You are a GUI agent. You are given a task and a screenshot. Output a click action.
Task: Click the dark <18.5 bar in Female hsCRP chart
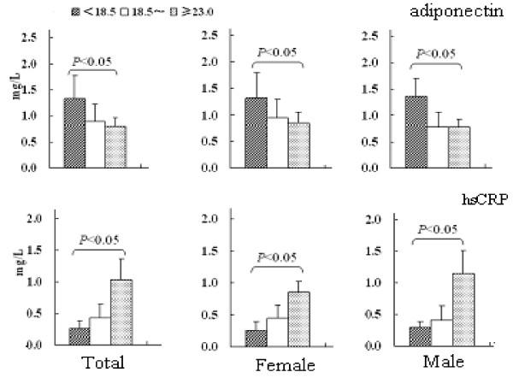point(255,337)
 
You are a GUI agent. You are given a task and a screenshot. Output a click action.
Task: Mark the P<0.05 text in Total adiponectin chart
point(95,61)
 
